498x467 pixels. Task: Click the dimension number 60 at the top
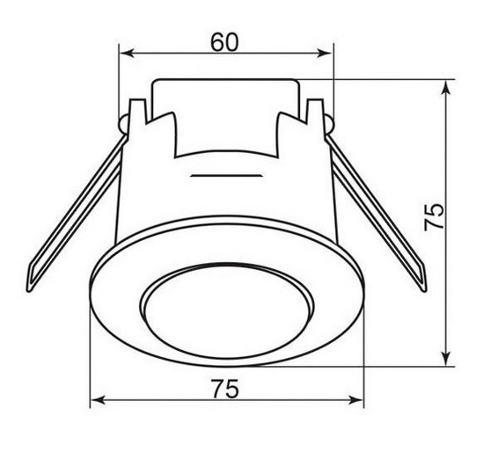[224, 42]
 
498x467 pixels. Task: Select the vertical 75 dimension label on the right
[434, 217]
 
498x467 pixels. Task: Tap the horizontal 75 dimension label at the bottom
[225, 389]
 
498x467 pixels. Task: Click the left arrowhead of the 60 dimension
[128, 53]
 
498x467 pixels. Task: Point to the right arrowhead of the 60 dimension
[325, 53]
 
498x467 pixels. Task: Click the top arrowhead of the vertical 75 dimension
[446, 88]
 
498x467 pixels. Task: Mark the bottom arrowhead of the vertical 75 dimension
[446, 358]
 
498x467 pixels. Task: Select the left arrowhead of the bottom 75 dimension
[98, 400]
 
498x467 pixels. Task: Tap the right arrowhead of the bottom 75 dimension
[355, 400]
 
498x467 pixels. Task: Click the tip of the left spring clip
[29, 289]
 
